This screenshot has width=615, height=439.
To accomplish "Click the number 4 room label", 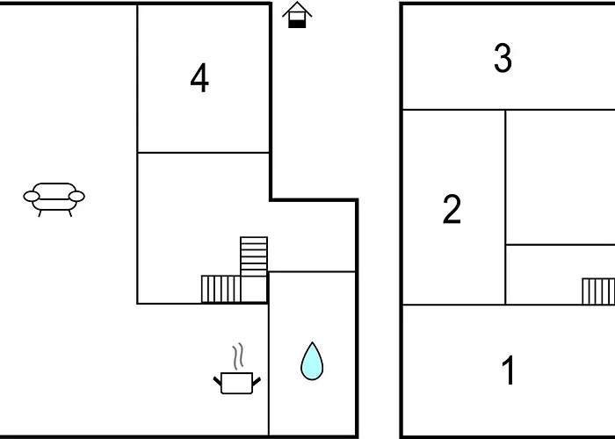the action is click(199, 78).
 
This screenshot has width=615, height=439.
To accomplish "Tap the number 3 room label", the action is click(503, 59).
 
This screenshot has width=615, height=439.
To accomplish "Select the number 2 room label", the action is click(452, 209).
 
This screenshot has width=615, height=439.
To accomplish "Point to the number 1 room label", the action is click(509, 370).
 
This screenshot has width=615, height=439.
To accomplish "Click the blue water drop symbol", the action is click(312, 362).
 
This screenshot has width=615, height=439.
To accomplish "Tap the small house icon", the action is click(297, 15).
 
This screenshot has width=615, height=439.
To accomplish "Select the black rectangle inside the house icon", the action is click(297, 24).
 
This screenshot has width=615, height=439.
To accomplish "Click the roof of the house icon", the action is click(297, 10).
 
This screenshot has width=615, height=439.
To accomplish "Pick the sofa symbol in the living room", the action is click(54, 199).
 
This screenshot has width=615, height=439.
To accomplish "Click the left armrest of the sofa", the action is click(32, 197).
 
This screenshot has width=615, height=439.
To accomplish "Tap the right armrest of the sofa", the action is click(76, 197).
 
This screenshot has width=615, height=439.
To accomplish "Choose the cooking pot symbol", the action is click(237, 383).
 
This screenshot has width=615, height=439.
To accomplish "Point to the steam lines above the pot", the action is click(238, 356).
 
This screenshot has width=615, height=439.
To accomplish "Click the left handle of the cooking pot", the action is click(217, 380).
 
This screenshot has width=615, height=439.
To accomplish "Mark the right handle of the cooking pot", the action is click(257, 381).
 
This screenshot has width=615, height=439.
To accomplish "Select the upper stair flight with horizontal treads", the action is click(254, 256).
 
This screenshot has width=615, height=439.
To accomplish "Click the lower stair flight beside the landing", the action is click(221, 289).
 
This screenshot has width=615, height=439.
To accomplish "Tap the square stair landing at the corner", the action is click(254, 289).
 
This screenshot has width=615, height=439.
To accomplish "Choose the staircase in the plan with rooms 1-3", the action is click(598, 291).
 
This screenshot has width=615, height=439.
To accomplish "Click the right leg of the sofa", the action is click(70, 213).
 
